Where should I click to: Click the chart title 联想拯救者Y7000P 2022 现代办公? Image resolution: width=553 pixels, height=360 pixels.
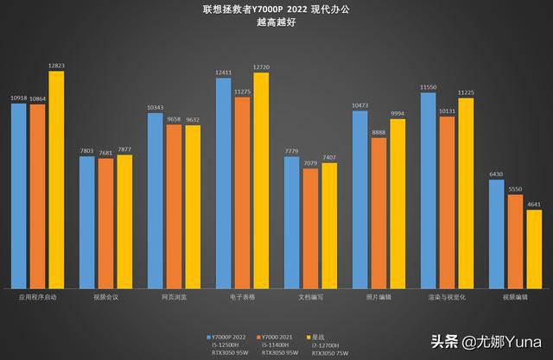(x=276, y=9)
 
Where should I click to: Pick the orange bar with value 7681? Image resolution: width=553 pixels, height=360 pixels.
(x=105, y=224)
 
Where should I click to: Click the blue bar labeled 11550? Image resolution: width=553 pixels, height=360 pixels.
(x=428, y=190)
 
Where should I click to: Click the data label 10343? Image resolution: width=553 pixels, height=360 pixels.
(x=155, y=107)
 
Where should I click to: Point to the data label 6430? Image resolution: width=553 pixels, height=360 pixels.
(x=496, y=174)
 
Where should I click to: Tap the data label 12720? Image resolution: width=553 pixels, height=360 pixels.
(x=261, y=66)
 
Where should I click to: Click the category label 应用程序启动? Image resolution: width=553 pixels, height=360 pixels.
(x=37, y=297)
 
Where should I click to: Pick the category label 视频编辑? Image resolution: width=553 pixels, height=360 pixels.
(x=515, y=297)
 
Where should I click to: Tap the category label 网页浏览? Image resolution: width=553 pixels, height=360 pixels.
(x=174, y=297)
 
